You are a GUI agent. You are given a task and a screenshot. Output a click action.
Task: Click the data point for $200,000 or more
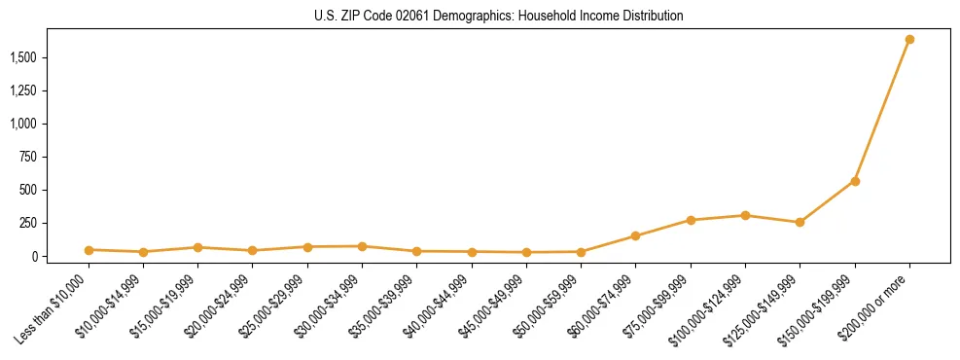click(x=909, y=40)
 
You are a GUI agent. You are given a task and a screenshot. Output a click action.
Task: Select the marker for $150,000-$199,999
click(x=855, y=181)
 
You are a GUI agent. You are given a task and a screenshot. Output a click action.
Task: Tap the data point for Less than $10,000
click(x=89, y=250)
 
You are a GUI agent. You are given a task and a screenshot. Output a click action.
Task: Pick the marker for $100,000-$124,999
click(x=745, y=215)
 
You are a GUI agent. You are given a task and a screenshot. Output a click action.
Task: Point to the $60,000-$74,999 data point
click(x=635, y=235)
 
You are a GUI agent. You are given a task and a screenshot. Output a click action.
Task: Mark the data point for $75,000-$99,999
click(x=691, y=220)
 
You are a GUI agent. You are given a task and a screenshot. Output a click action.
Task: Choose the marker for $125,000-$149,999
click(x=800, y=222)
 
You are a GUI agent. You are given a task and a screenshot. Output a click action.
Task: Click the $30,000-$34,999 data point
click(x=362, y=246)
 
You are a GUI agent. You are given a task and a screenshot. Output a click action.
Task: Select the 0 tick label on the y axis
click(x=35, y=256)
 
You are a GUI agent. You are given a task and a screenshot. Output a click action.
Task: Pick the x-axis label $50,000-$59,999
click(x=549, y=306)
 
